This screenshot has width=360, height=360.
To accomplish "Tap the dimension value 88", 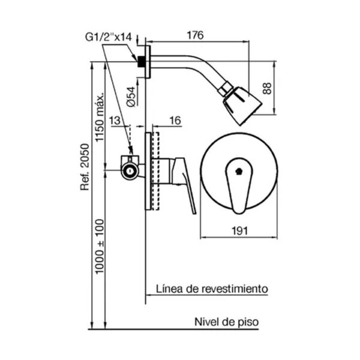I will coord(284,88).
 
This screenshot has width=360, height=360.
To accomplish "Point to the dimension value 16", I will coord(175,121).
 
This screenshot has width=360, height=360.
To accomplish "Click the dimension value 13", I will coord(115,121).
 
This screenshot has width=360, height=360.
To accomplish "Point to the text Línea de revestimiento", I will coord(212,289).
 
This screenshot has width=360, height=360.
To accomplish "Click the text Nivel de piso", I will coord(226,322).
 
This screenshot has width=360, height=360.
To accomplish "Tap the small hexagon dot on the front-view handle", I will coord(240,170).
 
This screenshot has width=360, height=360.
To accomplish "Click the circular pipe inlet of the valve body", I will coord(129,172).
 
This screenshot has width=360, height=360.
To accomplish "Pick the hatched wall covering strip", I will coord(155,170).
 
